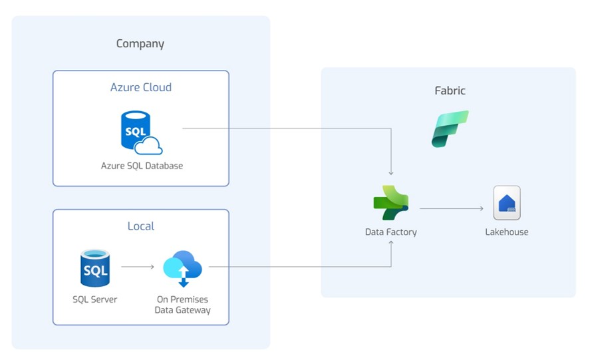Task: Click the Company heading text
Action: click(140, 44)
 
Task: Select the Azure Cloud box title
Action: click(140, 87)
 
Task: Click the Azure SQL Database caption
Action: click(142, 166)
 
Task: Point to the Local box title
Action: click(140, 226)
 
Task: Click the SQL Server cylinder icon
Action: click(94, 268)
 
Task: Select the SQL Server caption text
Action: click(94, 299)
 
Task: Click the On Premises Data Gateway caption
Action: click(182, 305)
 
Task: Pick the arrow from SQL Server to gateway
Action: click(138, 268)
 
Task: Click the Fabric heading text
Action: click(450, 90)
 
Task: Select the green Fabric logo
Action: click(450, 128)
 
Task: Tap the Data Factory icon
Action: click(391, 204)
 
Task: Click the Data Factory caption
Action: click(391, 232)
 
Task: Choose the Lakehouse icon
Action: click(507, 203)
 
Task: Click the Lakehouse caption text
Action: click(507, 232)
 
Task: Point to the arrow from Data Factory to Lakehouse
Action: click(452, 209)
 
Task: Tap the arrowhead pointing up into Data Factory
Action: click(391, 244)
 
